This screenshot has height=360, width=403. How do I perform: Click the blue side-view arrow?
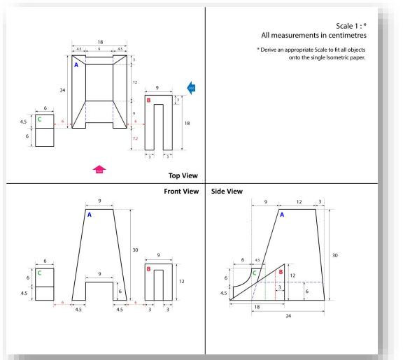pos(192,87)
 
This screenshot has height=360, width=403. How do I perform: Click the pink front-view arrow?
pos(99,168)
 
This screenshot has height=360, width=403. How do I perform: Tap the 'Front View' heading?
pos(181,191)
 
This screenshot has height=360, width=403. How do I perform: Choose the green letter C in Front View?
pos(39,273)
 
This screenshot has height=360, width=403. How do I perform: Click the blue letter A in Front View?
pos(90,215)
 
